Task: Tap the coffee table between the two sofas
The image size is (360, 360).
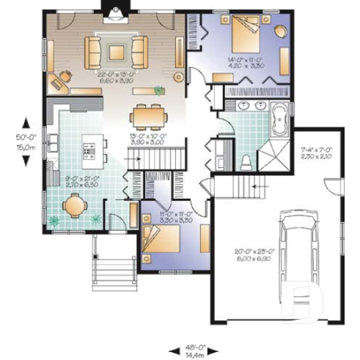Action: coord(116,51)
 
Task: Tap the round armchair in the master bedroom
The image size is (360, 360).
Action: coord(281,32)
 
